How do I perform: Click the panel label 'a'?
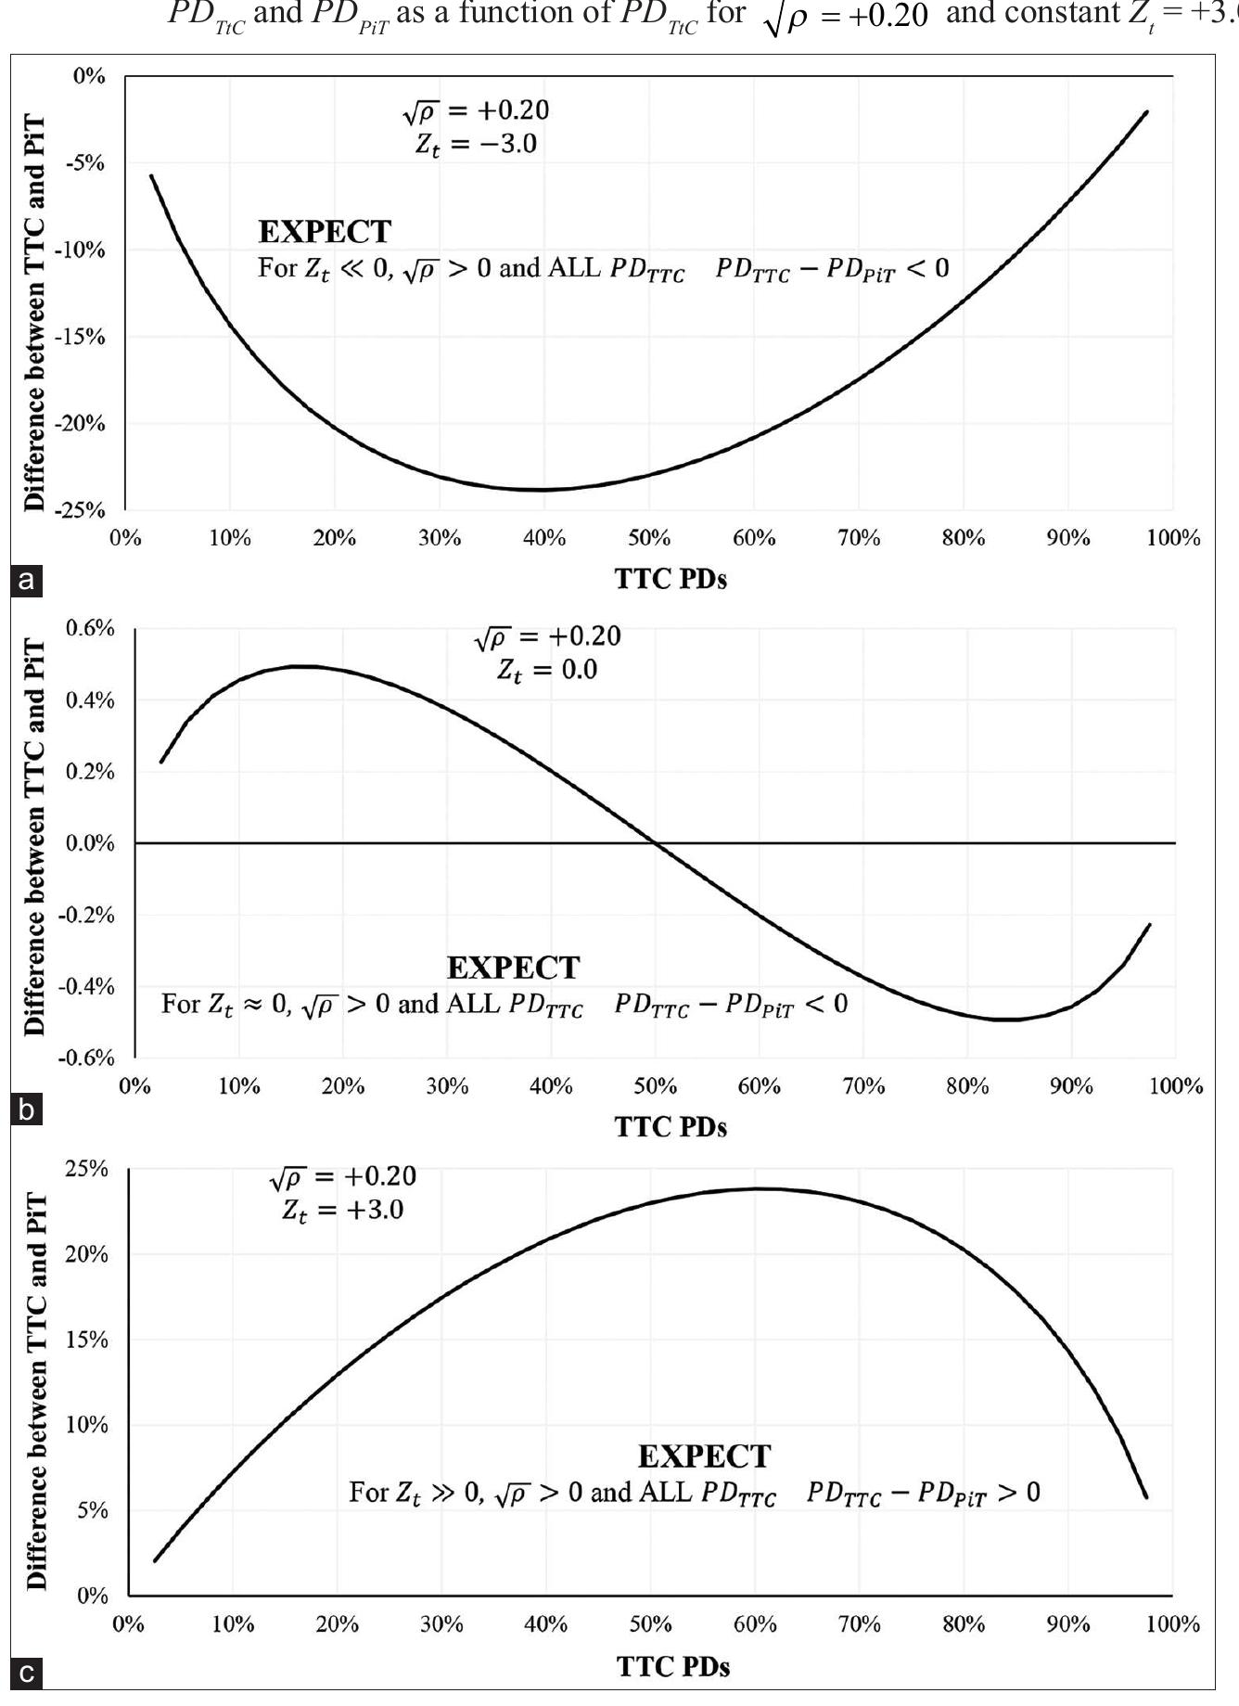click(x=27, y=581)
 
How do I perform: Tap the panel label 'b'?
click(x=27, y=1110)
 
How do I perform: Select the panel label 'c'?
click(x=27, y=1674)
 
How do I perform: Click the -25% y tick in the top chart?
click(x=83, y=510)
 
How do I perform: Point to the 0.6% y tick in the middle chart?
click(x=90, y=628)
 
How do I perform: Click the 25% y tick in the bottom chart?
click(x=86, y=1168)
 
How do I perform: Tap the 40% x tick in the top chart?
click(x=543, y=538)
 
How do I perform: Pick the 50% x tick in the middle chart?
click(x=655, y=1085)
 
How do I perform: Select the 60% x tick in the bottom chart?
click(x=755, y=1623)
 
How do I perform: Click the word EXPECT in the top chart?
click(x=325, y=231)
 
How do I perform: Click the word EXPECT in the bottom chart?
click(x=704, y=1456)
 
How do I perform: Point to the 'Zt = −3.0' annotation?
click(x=477, y=144)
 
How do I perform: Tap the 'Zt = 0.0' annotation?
click(x=547, y=670)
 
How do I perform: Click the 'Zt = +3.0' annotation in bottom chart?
click(x=343, y=1210)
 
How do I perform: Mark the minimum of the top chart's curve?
click(x=543, y=489)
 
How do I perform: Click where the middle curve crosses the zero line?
click(x=656, y=842)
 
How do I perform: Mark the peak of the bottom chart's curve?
click(x=757, y=1188)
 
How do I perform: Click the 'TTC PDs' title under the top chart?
click(x=671, y=579)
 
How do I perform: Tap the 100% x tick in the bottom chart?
click(x=1173, y=1623)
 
